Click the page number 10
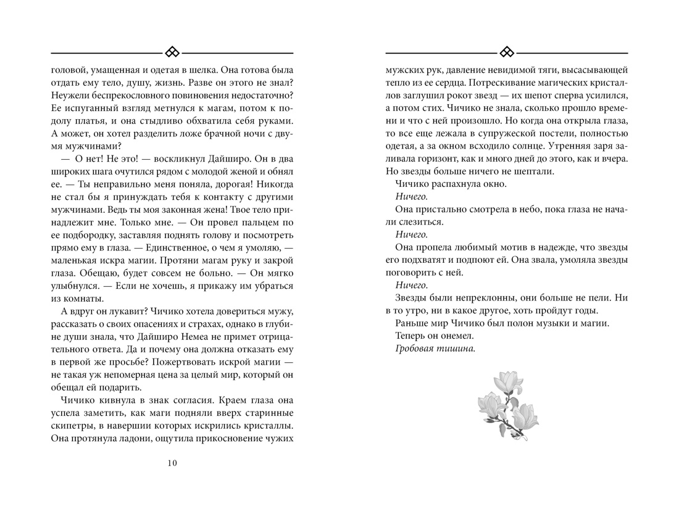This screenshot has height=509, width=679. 172,463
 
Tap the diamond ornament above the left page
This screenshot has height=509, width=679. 172,51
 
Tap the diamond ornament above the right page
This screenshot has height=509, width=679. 506,51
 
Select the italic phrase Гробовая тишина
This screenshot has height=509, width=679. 435,349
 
